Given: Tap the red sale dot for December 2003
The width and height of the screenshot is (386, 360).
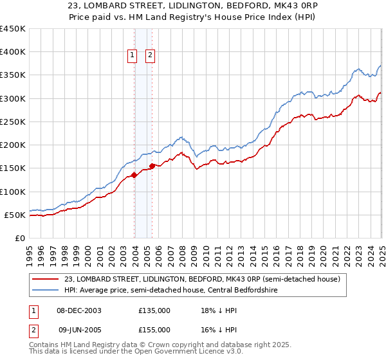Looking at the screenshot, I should [134, 175].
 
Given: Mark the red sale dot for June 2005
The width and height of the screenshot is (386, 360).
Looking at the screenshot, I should [152, 166].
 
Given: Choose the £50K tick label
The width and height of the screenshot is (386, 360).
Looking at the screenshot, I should [15, 215].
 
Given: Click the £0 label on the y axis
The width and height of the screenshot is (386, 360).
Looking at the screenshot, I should [19, 238].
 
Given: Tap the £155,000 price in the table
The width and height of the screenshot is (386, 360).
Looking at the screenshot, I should [154, 329].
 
